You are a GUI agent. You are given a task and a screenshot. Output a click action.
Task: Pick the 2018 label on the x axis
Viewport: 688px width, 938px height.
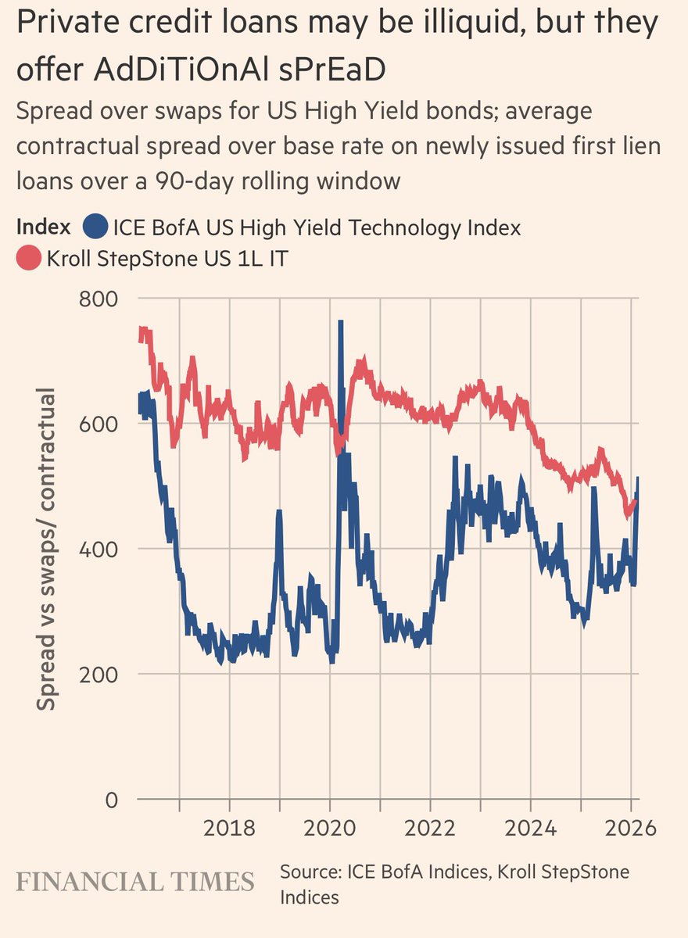[x=229, y=828]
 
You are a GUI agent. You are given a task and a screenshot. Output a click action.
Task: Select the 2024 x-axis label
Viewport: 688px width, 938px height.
[x=530, y=828]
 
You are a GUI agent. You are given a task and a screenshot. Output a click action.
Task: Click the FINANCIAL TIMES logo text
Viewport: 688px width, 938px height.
[x=136, y=882]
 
